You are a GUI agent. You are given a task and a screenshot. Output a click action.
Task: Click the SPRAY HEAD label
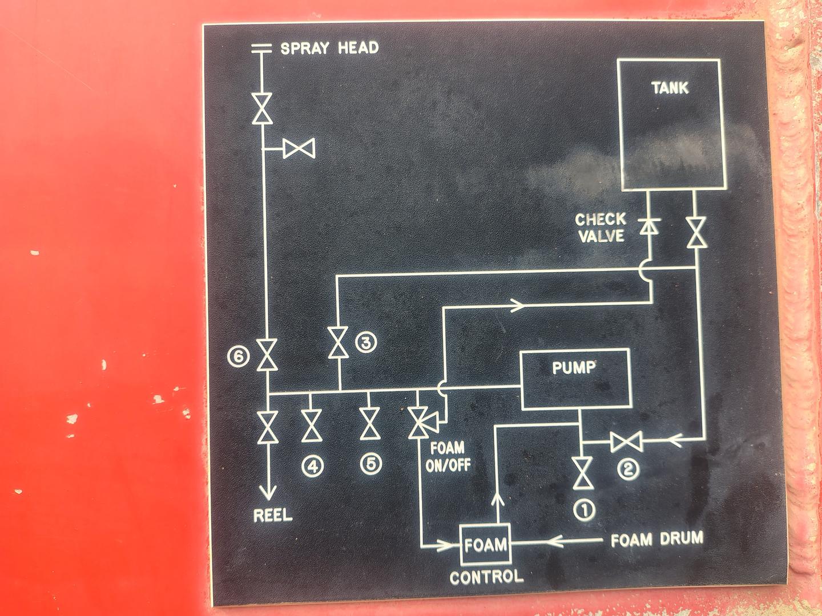pos(329,48)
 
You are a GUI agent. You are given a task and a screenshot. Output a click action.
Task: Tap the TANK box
pos(670,124)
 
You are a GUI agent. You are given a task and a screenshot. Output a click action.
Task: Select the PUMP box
pos(575,379)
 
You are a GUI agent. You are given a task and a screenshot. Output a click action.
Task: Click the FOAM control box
pos(485,544)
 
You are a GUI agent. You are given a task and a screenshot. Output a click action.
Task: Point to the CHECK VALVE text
pos(600,228)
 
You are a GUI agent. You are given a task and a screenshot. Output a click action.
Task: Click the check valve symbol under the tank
pos(649,226)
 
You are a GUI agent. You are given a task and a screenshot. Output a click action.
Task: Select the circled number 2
pos(628,469)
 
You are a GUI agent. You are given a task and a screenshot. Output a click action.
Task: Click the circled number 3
pos(366,342)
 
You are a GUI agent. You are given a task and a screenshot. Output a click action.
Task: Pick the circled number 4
pos(312,466)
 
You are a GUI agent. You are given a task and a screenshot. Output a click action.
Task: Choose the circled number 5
pos(371,464)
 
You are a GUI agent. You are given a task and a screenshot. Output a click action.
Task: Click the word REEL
pos(272,516)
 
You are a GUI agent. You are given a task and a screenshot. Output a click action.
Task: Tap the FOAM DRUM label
pos(656,539)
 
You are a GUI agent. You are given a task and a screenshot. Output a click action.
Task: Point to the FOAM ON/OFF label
pos(448,456)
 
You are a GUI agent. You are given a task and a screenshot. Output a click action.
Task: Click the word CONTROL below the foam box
pos(486,577)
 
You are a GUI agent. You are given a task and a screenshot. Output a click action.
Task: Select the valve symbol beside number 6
pos(267,355)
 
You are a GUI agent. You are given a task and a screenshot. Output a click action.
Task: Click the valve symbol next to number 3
pos(338,343)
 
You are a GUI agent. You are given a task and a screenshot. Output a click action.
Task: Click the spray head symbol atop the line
pos(261,48)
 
